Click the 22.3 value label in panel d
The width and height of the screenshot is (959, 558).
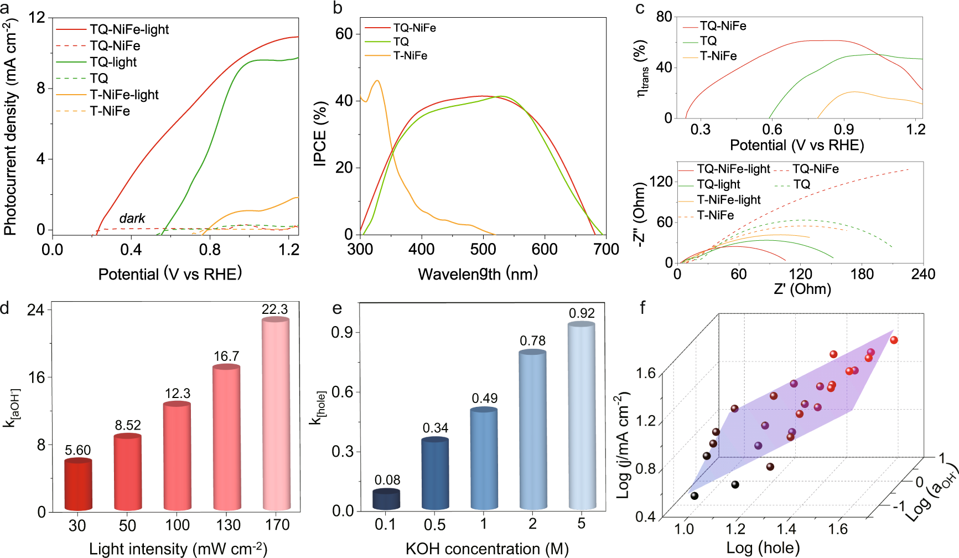pos(275,309)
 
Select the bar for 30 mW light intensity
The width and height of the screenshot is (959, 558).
pos(78,485)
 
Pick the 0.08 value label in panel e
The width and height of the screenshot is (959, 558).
pos(387,480)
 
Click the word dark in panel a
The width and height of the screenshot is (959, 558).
pos(132,219)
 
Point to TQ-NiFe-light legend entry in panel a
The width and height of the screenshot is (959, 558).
pos(129,29)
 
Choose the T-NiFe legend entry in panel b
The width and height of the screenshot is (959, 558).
pos(410,56)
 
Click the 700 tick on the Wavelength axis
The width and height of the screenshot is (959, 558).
pos(606,250)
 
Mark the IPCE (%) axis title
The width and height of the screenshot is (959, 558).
pos(320,133)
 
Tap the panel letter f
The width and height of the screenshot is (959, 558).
pos(642,308)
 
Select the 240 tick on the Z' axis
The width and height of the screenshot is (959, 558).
pos(923,274)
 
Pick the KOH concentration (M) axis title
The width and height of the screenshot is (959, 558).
pos(487,549)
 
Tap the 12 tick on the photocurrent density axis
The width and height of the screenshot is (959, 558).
pos(37,18)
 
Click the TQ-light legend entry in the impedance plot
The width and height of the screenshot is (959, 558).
pos(718,184)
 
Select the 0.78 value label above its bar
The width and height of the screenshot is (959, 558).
pos(532,341)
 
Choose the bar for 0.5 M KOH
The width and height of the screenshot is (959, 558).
pos(435,474)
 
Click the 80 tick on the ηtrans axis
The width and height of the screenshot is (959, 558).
pos(664,17)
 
